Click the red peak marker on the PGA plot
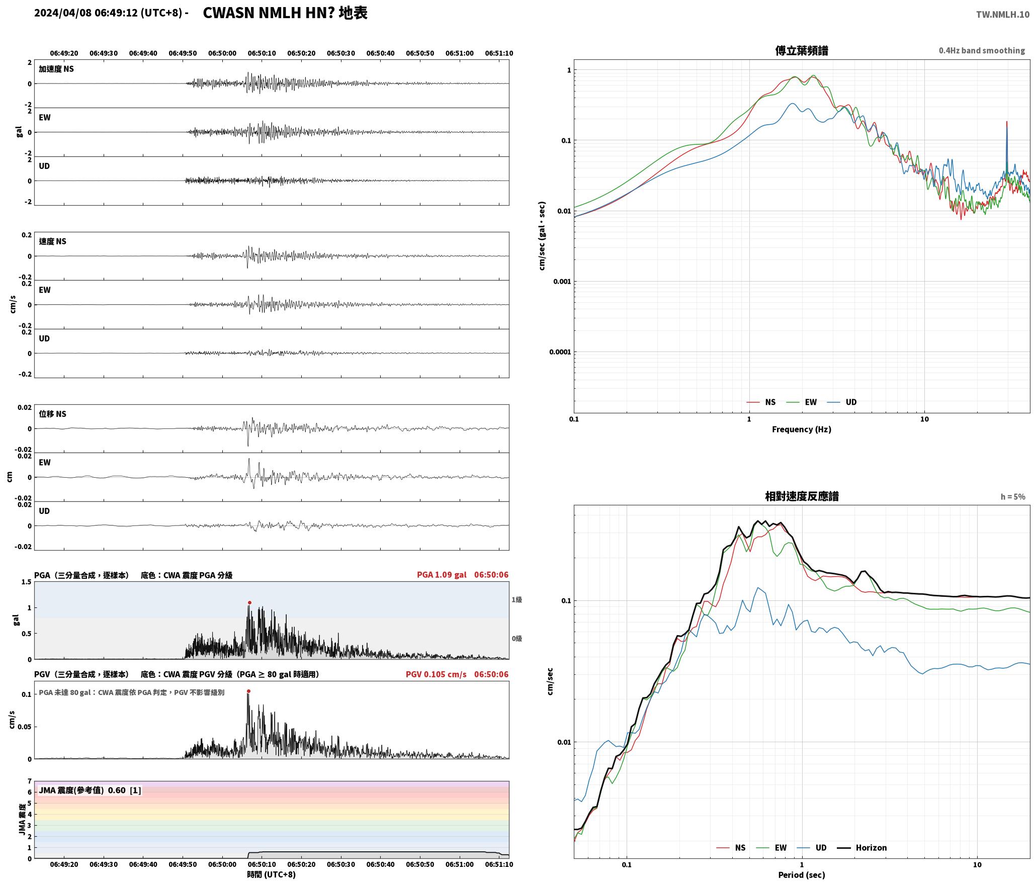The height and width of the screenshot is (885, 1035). point(249,602)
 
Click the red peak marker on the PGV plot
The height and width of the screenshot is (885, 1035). point(248,691)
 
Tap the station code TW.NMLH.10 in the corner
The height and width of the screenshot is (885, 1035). point(1003,15)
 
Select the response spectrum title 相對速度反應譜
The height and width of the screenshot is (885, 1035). point(802,496)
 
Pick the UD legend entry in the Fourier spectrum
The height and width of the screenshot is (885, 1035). point(842,402)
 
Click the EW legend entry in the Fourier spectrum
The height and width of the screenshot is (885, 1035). point(802,402)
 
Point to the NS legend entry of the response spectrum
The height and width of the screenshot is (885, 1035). point(731,847)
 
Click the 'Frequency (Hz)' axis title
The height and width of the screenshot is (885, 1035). point(802,429)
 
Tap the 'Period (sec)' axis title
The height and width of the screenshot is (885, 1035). point(802,875)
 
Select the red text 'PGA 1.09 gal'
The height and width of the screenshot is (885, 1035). point(442,575)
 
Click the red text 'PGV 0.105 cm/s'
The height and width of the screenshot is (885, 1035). point(436,674)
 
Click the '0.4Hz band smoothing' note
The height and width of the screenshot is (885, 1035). point(982,50)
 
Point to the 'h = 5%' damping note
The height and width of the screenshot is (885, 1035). point(1013,497)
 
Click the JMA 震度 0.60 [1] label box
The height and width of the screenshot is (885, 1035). point(90,790)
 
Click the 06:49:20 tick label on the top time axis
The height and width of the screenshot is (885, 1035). point(64,53)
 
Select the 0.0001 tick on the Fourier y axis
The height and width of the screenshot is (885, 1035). point(560,352)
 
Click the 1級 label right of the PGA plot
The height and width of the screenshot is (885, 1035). point(516,599)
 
